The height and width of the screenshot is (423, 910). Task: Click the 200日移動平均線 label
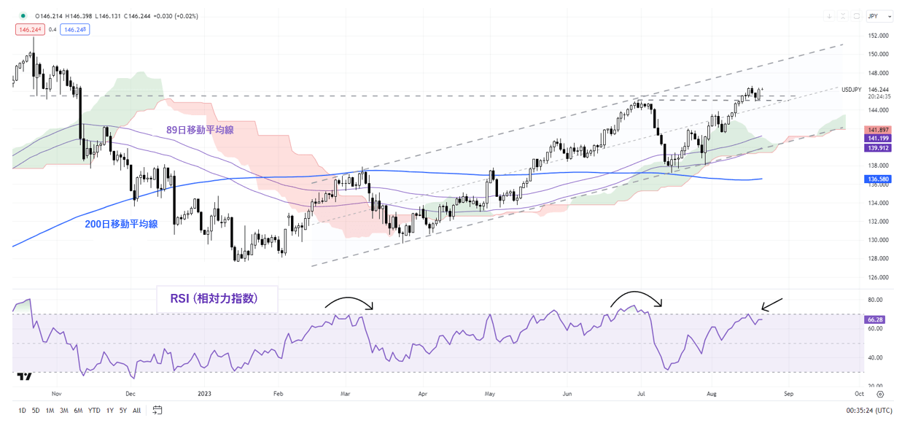(121, 225)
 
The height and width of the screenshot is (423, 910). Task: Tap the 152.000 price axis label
(878, 36)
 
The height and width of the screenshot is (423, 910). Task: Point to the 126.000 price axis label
(878, 277)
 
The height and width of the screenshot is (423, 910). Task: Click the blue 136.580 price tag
(875, 179)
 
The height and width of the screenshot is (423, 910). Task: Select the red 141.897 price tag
(875, 128)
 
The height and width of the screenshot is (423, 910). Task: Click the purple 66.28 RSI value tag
(874, 319)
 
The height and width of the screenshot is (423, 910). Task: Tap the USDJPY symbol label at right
(852, 90)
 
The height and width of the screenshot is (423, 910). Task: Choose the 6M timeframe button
(78, 411)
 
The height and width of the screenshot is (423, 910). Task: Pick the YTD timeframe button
(94, 411)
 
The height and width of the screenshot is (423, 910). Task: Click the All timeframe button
(136, 411)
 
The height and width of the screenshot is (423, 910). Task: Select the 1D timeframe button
(23, 411)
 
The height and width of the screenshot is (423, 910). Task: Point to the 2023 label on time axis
(204, 392)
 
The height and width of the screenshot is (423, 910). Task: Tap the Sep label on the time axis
(787, 392)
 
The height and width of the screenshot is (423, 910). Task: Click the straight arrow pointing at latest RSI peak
(771, 304)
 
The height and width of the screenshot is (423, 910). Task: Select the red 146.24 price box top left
(28, 29)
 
